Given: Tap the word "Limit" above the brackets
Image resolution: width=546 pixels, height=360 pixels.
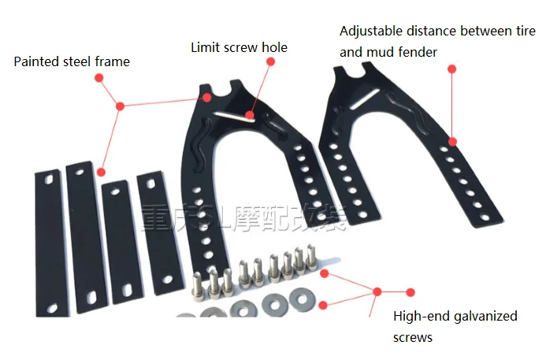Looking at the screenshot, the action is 205,47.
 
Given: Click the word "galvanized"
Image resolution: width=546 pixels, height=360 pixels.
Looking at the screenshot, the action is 481,316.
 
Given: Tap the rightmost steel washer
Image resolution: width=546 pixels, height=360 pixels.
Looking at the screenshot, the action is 301,298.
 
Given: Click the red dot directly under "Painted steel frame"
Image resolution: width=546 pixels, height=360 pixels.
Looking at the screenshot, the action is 99,77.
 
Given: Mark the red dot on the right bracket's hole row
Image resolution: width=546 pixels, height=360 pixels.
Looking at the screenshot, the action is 452,142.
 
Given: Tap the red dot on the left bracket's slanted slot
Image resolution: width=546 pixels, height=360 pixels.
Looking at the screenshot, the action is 249,115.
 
